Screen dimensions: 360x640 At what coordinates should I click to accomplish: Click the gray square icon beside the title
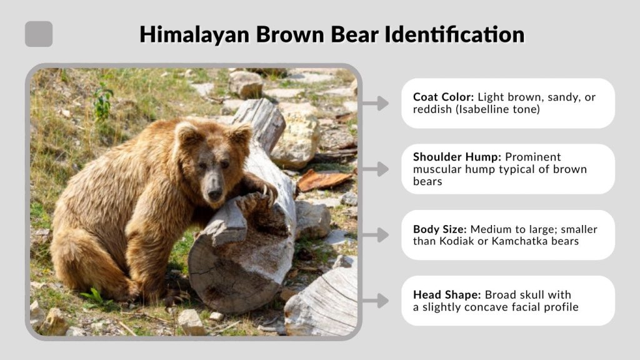point(39,34)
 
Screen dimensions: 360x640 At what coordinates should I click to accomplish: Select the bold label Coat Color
point(443,97)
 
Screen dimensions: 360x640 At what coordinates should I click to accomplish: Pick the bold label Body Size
point(437,229)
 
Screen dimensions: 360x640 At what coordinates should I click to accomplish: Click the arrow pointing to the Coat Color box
point(376,103)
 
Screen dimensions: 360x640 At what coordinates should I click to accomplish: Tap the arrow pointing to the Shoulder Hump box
point(376,169)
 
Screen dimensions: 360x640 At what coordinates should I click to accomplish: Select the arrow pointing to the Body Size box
point(376,235)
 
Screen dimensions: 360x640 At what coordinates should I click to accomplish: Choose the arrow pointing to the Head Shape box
point(376,301)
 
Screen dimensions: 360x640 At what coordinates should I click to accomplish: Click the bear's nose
point(215,194)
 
